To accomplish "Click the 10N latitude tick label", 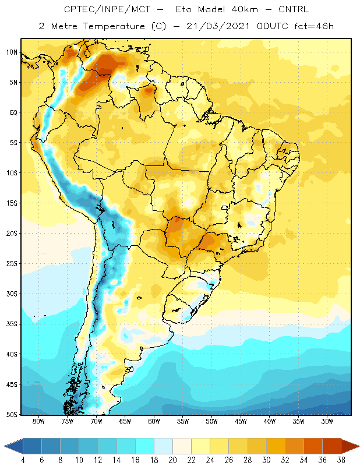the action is click(12, 52).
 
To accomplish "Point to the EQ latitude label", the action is click(13, 112).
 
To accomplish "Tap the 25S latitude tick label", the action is click(12, 264).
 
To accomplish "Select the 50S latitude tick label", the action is click(12, 415).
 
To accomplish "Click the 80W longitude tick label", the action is click(38, 421).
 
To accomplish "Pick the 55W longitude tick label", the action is click(183, 421).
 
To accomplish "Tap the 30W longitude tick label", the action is click(327, 421).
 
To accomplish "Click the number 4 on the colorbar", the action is click(23, 460).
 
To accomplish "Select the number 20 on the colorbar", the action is click(172, 460).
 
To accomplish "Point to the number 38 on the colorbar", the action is click(341, 460).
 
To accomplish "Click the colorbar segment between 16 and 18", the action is click(145, 446).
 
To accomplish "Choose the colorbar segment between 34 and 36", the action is click(313, 446).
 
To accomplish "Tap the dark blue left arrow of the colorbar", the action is click(14, 446).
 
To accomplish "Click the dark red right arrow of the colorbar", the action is click(350, 446).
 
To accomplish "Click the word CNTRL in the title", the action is click(294, 9).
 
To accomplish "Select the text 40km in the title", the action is click(245, 9).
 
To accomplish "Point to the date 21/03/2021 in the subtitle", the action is click(218, 26).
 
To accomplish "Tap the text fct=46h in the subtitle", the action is click(314, 26).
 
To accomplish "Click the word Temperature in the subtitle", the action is click(114, 26).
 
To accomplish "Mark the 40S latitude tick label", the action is click(12, 354).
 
